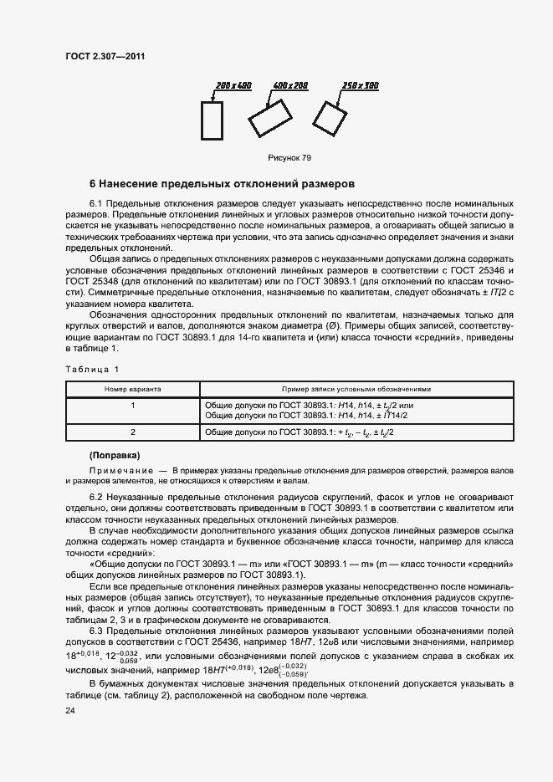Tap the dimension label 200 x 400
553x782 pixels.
point(233,86)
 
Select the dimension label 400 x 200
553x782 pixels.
point(289,86)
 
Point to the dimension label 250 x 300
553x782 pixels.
point(361,86)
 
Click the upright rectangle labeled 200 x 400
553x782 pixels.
point(212,120)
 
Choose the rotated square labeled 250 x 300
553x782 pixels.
point(330,118)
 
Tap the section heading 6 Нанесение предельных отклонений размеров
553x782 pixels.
point(222,183)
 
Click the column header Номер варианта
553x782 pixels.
point(133,389)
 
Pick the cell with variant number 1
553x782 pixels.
point(133,405)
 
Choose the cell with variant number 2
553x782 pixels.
point(133,432)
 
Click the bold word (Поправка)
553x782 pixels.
point(115,455)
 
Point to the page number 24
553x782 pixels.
point(70,710)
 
